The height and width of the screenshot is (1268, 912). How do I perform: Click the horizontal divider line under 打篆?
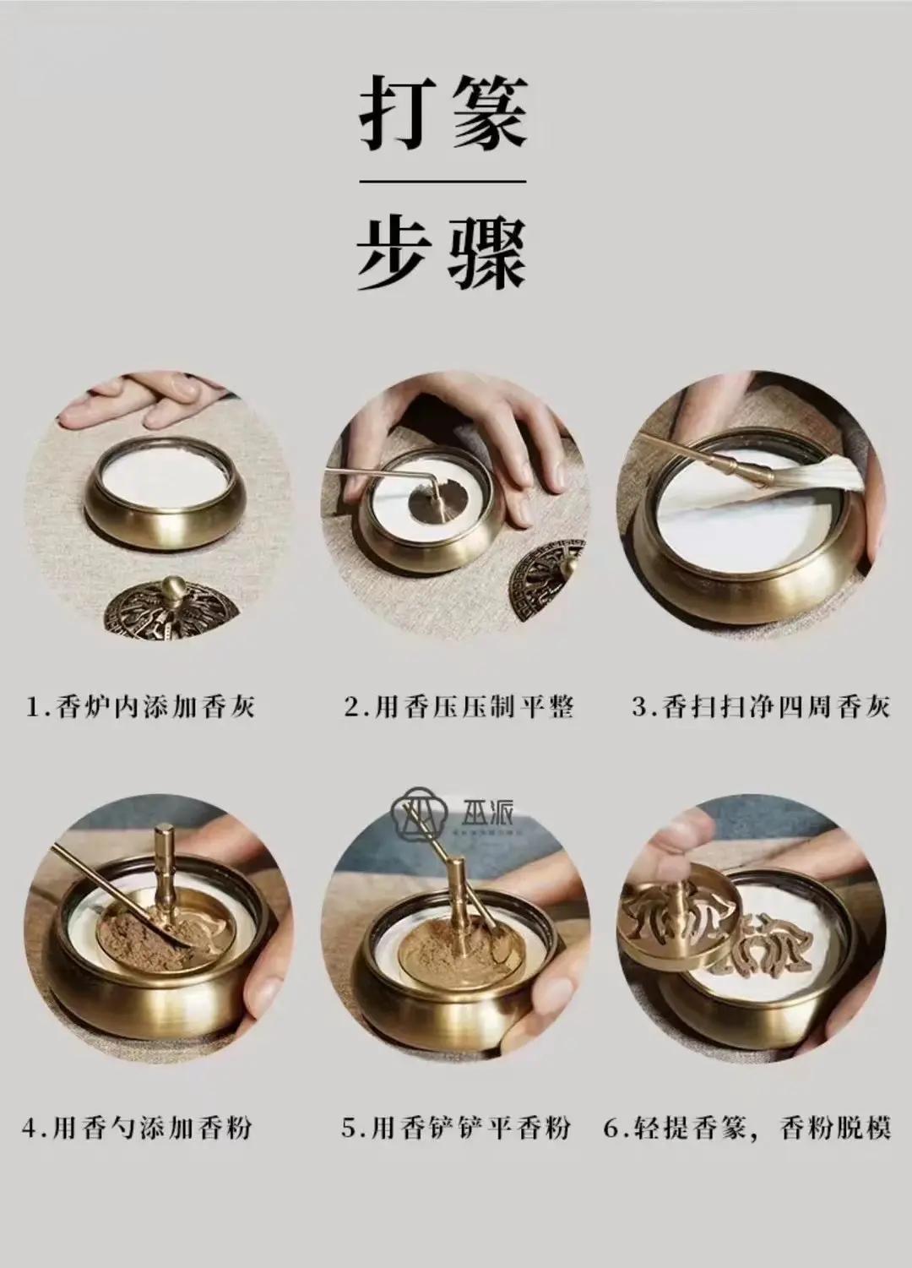(x=443, y=182)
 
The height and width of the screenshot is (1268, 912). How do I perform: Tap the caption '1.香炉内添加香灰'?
(x=141, y=706)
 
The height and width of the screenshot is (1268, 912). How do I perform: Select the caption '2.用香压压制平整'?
(x=459, y=706)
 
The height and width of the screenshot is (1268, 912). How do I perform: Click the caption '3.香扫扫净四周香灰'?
(x=761, y=706)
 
